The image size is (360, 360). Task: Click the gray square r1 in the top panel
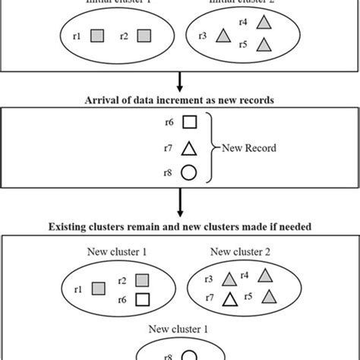96,35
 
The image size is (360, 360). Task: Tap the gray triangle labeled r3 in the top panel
223,35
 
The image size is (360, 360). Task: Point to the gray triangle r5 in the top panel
263,46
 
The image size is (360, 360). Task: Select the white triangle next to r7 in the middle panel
190,148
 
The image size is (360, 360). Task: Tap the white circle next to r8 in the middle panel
190,173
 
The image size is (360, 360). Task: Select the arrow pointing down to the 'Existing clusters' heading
180,207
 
